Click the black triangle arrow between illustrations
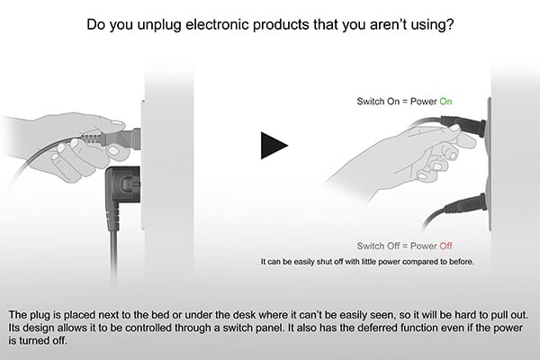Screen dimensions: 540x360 click(274, 146)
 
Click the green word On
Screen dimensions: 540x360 click(445, 102)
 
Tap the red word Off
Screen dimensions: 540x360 click(445, 246)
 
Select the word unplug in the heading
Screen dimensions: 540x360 click(158, 25)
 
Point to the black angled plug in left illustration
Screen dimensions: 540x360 click(122, 197)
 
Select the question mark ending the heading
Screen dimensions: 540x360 click(450, 24)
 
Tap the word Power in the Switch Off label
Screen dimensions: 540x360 click(424, 246)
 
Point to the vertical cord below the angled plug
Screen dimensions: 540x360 click(114, 258)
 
